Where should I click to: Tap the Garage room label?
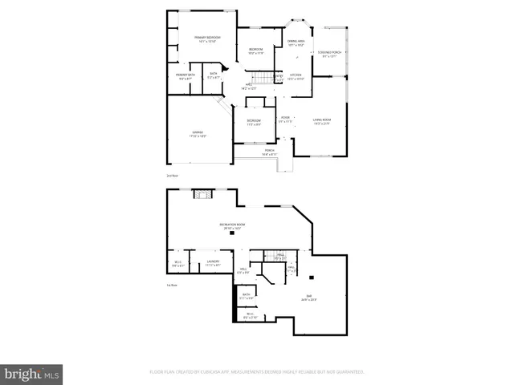click(x=197, y=134)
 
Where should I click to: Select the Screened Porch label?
click(x=330, y=54)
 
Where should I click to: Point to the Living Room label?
click(x=322, y=121)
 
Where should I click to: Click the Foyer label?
click(x=285, y=120)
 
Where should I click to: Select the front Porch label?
click(x=269, y=152)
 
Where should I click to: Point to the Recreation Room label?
click(x=234, y=226)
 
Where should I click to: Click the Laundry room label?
click(x=213, y=262)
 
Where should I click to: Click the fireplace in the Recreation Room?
click(x=203, y=193)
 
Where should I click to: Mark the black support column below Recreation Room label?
click(x=232, y=233)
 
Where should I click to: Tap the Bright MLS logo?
click(x=32, y=372)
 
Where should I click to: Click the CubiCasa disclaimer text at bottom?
click(x=257, y=372)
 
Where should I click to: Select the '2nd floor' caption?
click(x=171, y=175)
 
